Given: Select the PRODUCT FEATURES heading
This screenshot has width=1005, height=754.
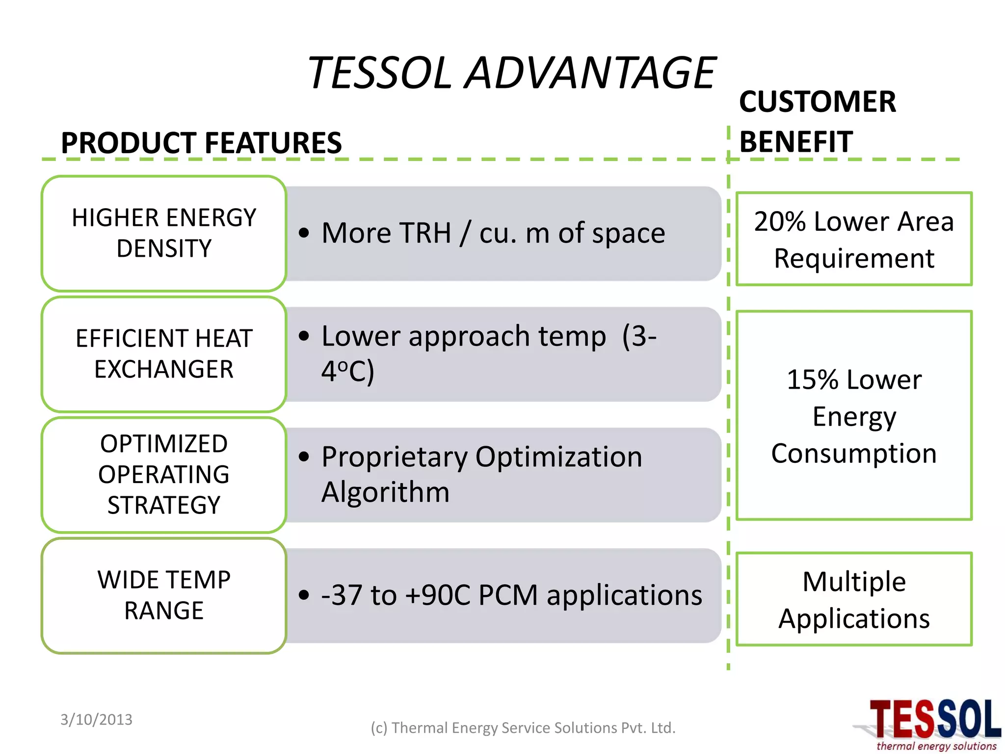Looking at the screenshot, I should (x=201, y=143).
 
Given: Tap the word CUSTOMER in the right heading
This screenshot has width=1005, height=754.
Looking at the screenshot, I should (x=818, y=102).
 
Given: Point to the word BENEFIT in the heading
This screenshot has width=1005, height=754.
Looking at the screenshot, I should (x=796, y=142).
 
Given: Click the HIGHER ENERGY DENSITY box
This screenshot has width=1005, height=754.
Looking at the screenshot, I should (x=164, y=233).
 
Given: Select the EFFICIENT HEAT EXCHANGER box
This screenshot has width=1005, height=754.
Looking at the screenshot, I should (x=164, y=354).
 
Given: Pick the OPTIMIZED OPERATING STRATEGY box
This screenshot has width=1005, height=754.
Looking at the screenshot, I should (x=164, y=475).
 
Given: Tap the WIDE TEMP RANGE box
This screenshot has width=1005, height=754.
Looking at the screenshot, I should (x=164, y=595).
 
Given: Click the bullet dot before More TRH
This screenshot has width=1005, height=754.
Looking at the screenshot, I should (x=304, y=233).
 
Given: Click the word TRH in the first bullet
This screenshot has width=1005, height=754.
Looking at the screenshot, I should (x=425, y=233).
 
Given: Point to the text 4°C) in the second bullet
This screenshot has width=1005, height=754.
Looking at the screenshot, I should (x=348, y=371).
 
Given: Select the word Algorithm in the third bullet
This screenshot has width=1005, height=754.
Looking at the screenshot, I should (x=385, y=492).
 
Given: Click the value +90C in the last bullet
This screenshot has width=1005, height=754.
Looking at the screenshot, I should (x=438, y=595).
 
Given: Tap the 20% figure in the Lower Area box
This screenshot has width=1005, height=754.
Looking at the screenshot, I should (x=780, y=221).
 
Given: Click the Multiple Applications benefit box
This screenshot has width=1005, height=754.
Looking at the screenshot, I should (x=854, y=599).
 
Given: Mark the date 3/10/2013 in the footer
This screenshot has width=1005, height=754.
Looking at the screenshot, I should (x=96, y=720).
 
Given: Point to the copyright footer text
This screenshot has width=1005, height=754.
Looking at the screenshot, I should (x=523, y=728).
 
